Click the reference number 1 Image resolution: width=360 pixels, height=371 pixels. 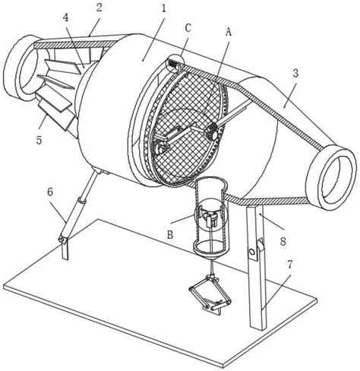point(163,9)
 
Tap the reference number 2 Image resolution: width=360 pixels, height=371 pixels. point(99,8)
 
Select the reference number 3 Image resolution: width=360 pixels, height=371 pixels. point(295,73)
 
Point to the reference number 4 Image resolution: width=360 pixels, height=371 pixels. point(66,18)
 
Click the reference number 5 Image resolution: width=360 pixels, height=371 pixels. point(39,140)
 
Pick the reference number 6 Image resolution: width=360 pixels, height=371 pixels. point(50,192)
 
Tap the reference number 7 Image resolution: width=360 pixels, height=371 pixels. point(289,265)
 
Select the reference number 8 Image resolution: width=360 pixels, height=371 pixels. point(283,242)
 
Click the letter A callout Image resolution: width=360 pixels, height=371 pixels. point(229,32)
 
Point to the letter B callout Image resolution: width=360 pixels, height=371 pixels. point(170,235)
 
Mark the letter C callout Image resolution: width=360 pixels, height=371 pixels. point(188,28)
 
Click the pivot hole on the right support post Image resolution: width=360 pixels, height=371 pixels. point(251,252)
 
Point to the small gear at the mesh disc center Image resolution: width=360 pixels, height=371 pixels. point(212,132)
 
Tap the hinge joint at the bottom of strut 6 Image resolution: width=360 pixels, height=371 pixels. point(62,239)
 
